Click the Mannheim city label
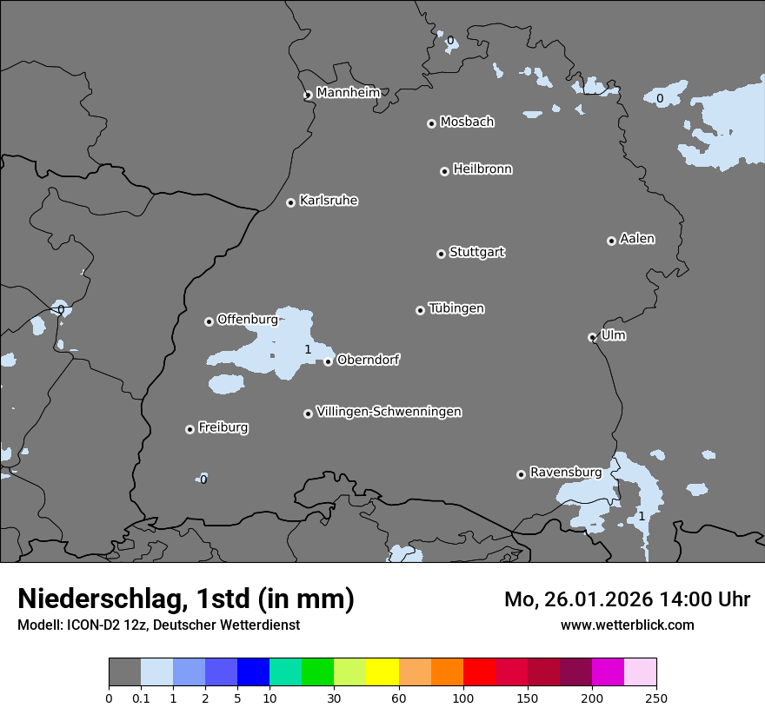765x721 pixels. pos(348,92)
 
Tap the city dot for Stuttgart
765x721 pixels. pos(441,254)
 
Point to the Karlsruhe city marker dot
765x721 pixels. pos(290,202)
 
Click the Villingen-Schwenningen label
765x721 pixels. pos(389,411)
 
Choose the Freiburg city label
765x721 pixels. pos(223,427)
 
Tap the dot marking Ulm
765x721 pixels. pos(592,337)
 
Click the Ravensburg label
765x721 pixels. pos(565,472)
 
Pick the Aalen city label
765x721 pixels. pos(637,238)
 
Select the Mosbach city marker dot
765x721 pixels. pos(431,123)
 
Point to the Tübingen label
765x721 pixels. pos(456,308)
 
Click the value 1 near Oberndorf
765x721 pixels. pos(308,349)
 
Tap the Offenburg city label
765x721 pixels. pos(247,319)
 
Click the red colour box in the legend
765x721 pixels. pos(479,672)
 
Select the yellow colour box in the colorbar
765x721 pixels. pos(382,672)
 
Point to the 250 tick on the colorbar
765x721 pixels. pos(655,698)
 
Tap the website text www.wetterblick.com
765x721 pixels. pos(627,625)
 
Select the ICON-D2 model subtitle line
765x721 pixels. pos(158,625)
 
